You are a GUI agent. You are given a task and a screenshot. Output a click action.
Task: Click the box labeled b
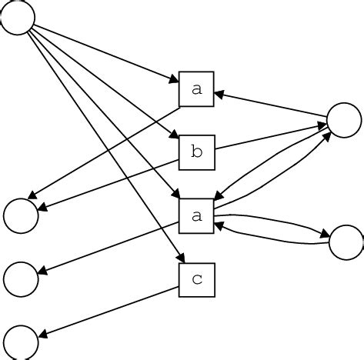point(196,152)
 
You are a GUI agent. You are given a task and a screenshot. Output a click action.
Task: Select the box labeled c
point(196,280)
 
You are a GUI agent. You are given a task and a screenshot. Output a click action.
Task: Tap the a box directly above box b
point(196,89)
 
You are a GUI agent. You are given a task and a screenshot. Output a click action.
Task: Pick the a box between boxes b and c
point(196,216)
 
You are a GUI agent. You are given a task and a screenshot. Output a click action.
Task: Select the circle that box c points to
point(20,342)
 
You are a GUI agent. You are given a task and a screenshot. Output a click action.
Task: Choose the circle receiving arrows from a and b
point(20,215)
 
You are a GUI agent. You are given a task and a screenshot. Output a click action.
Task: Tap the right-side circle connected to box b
point(344,119)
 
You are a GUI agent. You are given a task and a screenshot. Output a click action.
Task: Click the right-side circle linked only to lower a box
point(346,242)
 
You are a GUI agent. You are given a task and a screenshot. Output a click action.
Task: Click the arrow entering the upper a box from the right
point(269,105)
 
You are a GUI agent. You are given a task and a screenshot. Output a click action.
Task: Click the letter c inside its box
point(196,280)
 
